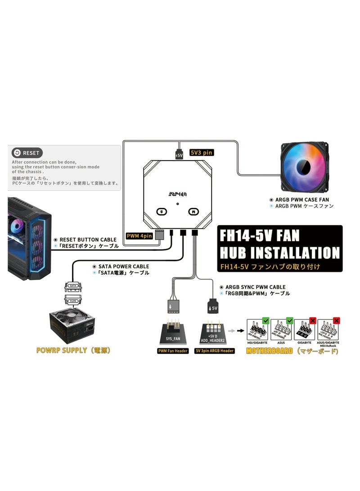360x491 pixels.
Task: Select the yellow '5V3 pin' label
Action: [202, 153]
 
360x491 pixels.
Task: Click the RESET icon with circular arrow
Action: [17, 153]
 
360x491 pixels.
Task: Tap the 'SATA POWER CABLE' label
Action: [123, 266]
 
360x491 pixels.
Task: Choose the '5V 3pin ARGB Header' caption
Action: [215, 351]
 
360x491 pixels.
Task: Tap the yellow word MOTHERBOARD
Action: [269, 351]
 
